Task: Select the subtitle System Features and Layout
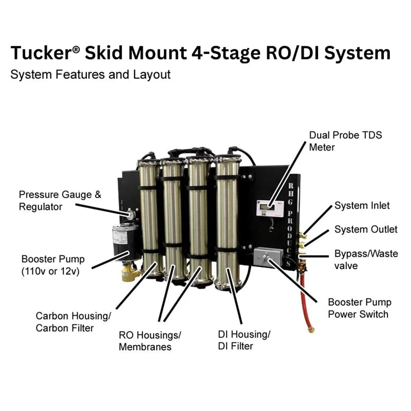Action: click(90, 74)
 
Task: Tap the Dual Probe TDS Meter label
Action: click(345, 141)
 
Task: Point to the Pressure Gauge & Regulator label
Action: click(60, 200)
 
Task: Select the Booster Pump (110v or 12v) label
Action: click(53, 265)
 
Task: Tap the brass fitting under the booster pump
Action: click(130, 272)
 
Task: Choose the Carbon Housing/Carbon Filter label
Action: click(73, 322)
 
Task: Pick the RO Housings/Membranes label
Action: click(150, 341)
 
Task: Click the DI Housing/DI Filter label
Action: click(244, 340)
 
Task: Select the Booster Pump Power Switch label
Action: click(359, 308)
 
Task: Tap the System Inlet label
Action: click(362, 206)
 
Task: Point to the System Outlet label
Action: click(365, 230)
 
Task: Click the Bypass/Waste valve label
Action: click(365, 259)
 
